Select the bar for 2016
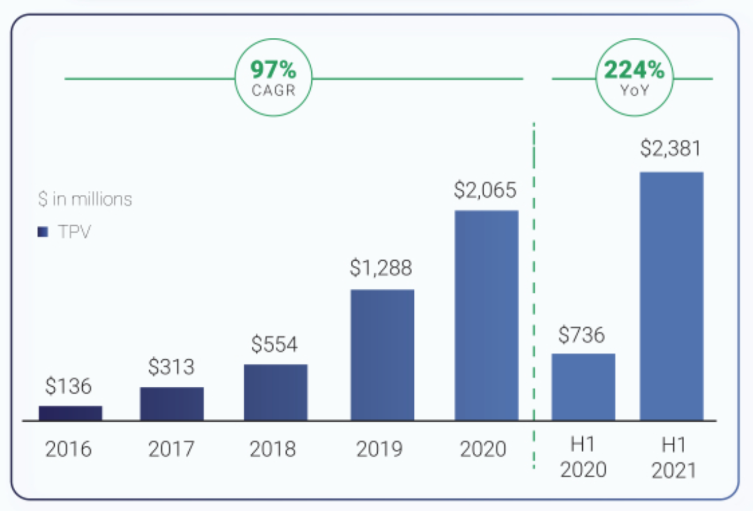[x=71, y=413]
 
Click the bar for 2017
[x=172, y=404]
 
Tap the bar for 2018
[x=276, y=392]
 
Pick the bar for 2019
[x=382, y=355]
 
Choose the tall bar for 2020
[x=487, y=315]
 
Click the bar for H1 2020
[x=583, y=387]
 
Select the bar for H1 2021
[x=671, y=296]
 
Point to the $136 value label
[x=68, y=386]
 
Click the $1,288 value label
[x=381, y=268]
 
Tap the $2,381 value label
[x=671, y=149]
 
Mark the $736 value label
[x=582, y=335]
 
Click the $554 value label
[x=275, y=344]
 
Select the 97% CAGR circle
[x=273, y=78]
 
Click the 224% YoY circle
[x=634, y=78]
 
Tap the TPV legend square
[x=43, y=232]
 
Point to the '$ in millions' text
[x=85, y=199]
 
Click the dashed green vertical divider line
[x=534, y=292]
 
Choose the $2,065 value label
[x=486, y=191]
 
